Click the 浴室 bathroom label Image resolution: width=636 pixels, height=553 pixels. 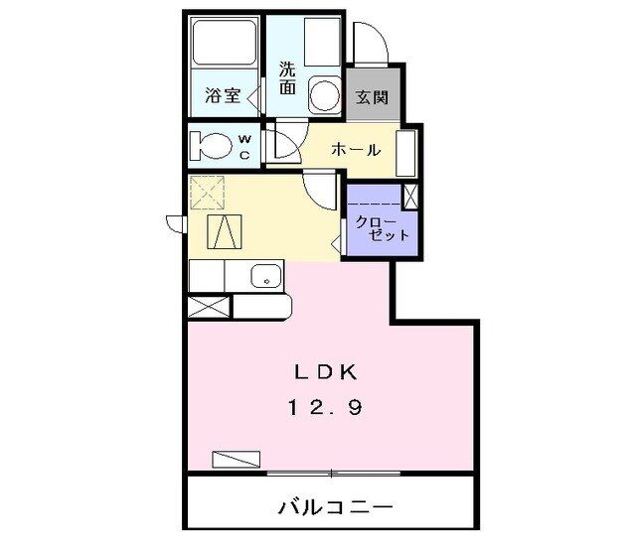pyautogui.click(x=220, y=97)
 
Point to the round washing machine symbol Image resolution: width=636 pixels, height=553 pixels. pyautogui.click(x=323, y=96)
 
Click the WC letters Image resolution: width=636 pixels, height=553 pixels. pyautogui.click(x=244, y=146)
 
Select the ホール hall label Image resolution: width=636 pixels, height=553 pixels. pyautogui.click(x=356, y=150)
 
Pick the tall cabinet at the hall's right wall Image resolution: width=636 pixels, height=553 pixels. pyautogui.click(x=406, y=153)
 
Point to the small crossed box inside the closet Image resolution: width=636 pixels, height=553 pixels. pyautogui.click(x=409, y=196)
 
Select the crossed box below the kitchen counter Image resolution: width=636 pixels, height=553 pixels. pyautogui.click(x=209, y=307)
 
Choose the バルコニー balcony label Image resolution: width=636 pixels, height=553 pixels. pyautogui.click(x=334, y=506)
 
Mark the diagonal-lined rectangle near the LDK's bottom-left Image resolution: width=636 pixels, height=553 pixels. pyautogui.click(x=236, y=459)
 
